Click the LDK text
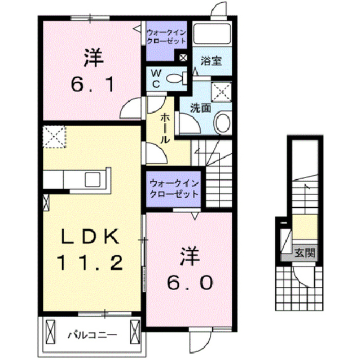point(89,238)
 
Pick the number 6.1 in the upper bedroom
point(93,85)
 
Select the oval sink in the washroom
point(223,121)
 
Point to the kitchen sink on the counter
point(94,180)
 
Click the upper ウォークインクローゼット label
point(166,36)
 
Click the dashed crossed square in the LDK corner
point(55,136)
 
